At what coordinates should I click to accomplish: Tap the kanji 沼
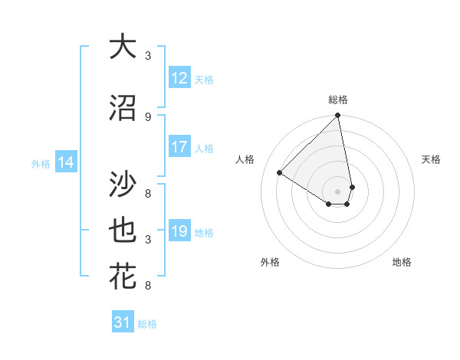point(123,109)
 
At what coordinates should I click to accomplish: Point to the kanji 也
point(123,231)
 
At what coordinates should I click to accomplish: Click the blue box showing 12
point(179,78)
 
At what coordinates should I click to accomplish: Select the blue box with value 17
point(179,148)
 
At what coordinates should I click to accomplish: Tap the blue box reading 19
point(179,231)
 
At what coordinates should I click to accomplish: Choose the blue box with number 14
point(65,162)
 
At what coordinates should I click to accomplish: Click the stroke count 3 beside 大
point(148,56)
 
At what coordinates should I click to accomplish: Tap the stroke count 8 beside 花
point(148,286)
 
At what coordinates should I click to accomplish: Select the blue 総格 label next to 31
point(147,324)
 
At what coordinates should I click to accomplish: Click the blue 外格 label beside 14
point(41,163)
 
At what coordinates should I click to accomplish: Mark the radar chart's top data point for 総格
point(337,116)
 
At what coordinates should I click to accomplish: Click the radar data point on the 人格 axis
point(280,173)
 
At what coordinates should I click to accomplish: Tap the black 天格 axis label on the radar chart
point(432,159)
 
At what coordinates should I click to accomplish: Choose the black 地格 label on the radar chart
point(402,262)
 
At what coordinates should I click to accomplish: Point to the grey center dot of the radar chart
point(337,191)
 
